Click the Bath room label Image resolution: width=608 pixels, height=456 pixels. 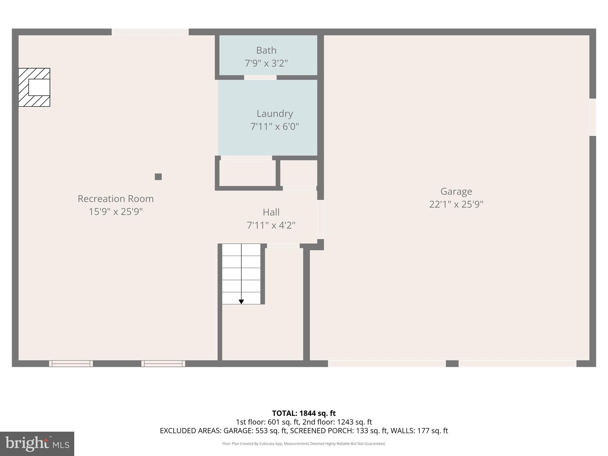point(266,50)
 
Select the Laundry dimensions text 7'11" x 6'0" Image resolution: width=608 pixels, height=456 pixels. point(274,127)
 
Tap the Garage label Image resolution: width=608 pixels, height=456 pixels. point(456,191)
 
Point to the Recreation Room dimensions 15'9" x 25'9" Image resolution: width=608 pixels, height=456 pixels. point(115,212)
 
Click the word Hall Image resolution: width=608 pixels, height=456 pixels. point(271,212)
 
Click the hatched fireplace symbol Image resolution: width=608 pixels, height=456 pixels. point(34,87)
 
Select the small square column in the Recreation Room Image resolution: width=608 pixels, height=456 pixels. point(158,177)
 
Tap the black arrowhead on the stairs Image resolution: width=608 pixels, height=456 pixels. point(241,302)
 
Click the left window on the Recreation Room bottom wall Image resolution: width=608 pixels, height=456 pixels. point(71,364)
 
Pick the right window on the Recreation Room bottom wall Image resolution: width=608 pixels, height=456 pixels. point(163,364)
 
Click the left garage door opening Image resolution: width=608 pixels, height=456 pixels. point(387,364)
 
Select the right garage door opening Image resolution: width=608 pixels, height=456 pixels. point(517,364)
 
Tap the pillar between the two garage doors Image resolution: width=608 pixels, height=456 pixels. point(452,364)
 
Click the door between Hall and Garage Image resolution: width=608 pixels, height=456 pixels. point(321,219)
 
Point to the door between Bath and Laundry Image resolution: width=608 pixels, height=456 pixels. point(260,77)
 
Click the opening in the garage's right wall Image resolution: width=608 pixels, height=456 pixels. point(593,117)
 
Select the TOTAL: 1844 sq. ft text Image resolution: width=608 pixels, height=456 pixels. point(304,413)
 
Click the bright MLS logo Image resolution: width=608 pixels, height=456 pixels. point(37,444)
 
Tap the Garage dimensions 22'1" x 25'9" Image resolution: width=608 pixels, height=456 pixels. point(456,205)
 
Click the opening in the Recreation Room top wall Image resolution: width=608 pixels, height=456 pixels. point(150,32)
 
